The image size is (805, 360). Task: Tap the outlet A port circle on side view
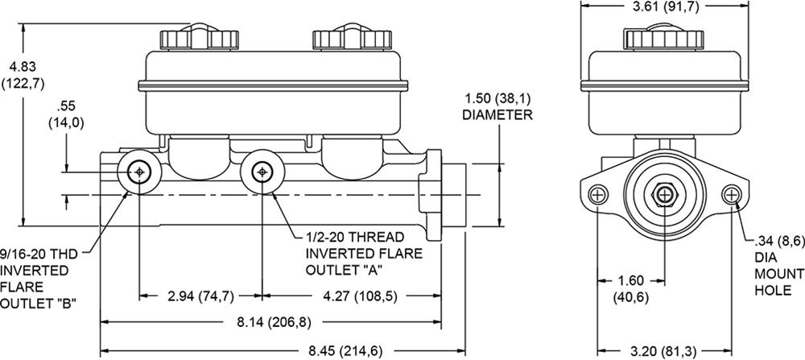point(262,172)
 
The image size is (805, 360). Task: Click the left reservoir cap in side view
point(190,37)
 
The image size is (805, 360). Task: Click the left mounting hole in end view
point(598,194)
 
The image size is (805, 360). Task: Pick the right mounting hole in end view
point(732,194)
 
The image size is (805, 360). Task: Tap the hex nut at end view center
point(665,195)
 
